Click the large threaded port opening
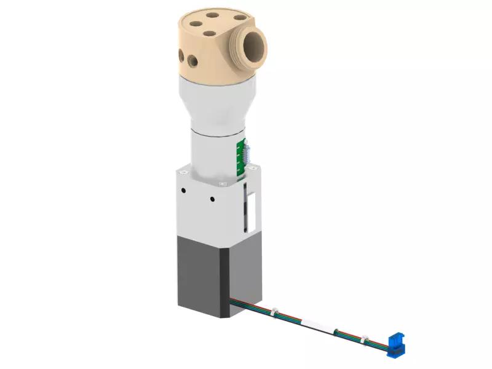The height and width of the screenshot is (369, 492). click(x=253, y=47)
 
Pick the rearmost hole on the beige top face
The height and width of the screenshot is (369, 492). click(x=213, y=15)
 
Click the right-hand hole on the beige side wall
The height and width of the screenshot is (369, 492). click(x=194, y=60)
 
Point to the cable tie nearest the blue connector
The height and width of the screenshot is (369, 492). click(x=365, y=338)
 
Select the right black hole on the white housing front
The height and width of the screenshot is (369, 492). click(x=212, y=199)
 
